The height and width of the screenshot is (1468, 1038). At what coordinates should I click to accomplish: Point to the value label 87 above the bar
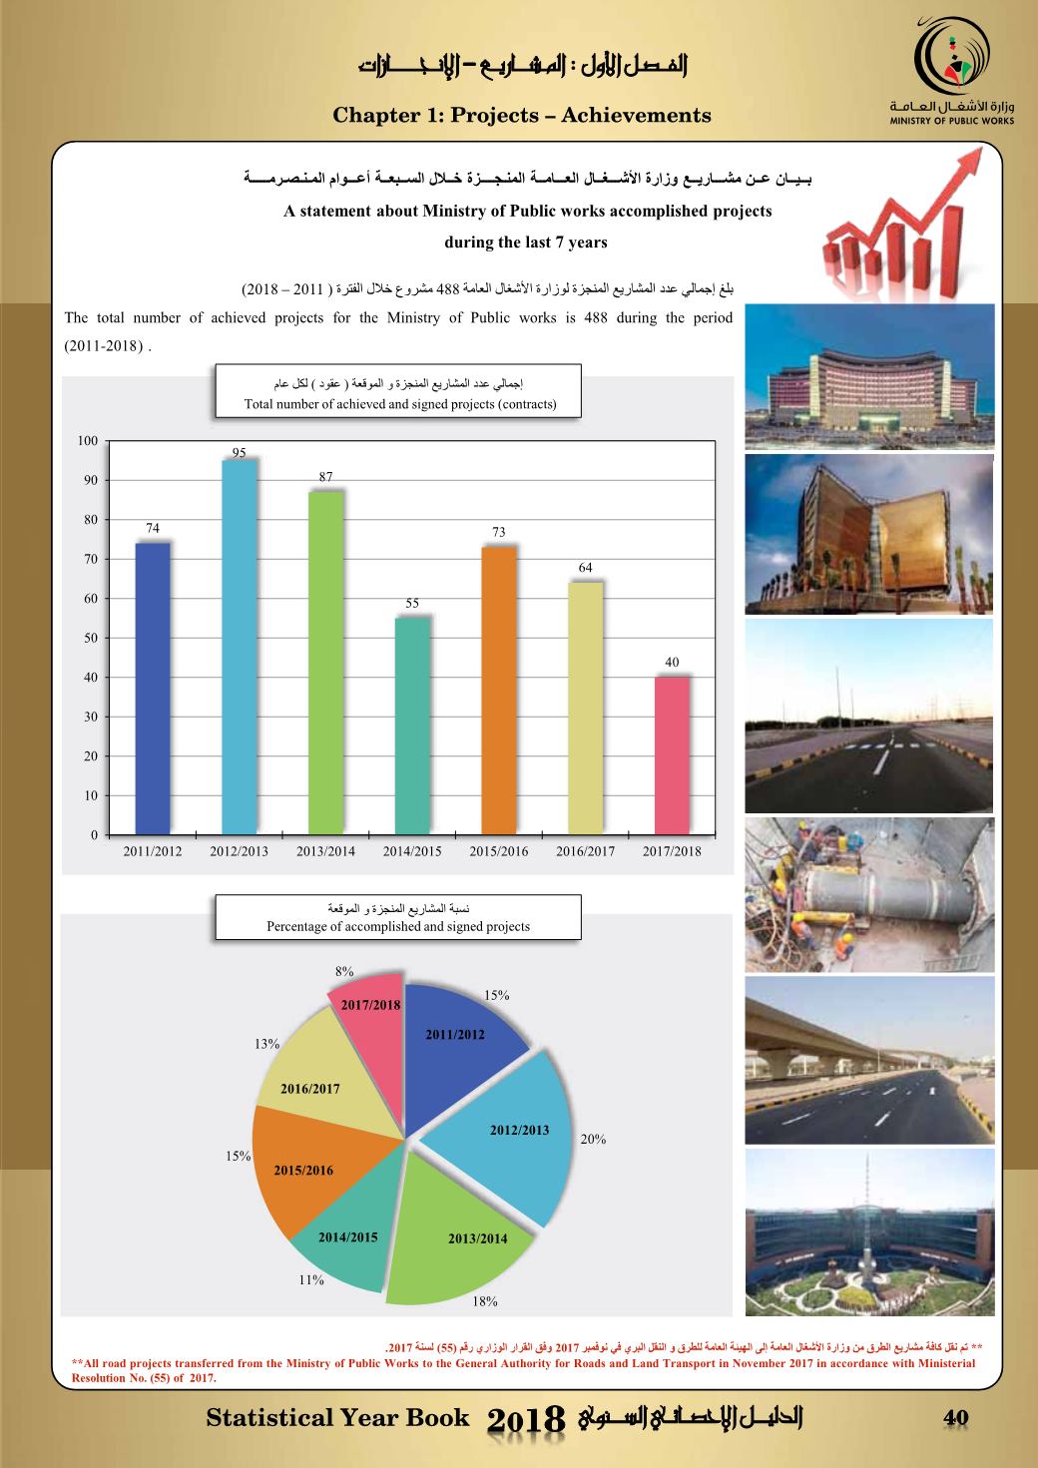pyautogui.click(x=325, y=478)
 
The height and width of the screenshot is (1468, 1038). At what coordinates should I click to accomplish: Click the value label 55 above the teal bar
pyautogui.click(x=412, y=604)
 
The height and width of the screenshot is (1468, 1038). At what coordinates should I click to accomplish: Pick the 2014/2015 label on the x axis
pyautogui.click(x=412, y=852)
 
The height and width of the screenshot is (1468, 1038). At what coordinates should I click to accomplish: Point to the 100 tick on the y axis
pyautogui.click(x=88, y=441)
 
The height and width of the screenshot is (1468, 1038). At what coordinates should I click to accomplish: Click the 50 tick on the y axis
pyautogui.click(x=88, y=638)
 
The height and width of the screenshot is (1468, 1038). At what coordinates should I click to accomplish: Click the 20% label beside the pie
pyautogui.click(x=593, y=1139)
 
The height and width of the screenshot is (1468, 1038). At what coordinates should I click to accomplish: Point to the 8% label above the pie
pyautogui.click(x=344, y=971)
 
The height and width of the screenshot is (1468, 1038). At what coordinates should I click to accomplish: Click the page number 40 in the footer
pyautogui.click(x=956, y=1418)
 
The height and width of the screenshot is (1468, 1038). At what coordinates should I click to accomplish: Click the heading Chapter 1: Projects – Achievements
pyautogui.click(x=522, y=116)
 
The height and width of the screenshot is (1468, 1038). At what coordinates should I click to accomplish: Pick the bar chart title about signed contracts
pyautogui.click(x=399, y=394)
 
